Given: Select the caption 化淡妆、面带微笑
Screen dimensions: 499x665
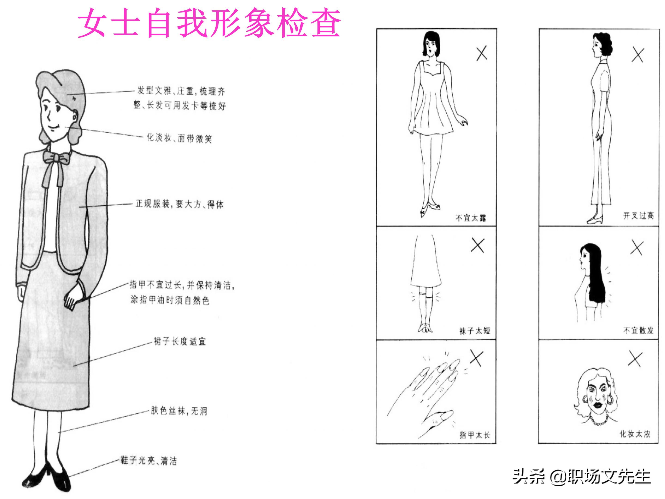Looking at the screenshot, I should coord(179,138).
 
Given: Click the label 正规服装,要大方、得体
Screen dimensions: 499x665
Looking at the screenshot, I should coord(179,204).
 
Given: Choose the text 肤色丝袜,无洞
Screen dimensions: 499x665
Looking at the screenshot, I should coord(179,411).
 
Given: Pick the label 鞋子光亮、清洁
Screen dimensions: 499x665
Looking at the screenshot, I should coord(148,460).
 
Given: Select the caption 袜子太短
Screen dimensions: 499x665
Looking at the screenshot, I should coord(475,331).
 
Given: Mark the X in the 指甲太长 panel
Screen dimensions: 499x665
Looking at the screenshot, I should coord(477,359).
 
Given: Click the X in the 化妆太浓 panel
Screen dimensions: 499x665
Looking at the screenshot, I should coord(635,359).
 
